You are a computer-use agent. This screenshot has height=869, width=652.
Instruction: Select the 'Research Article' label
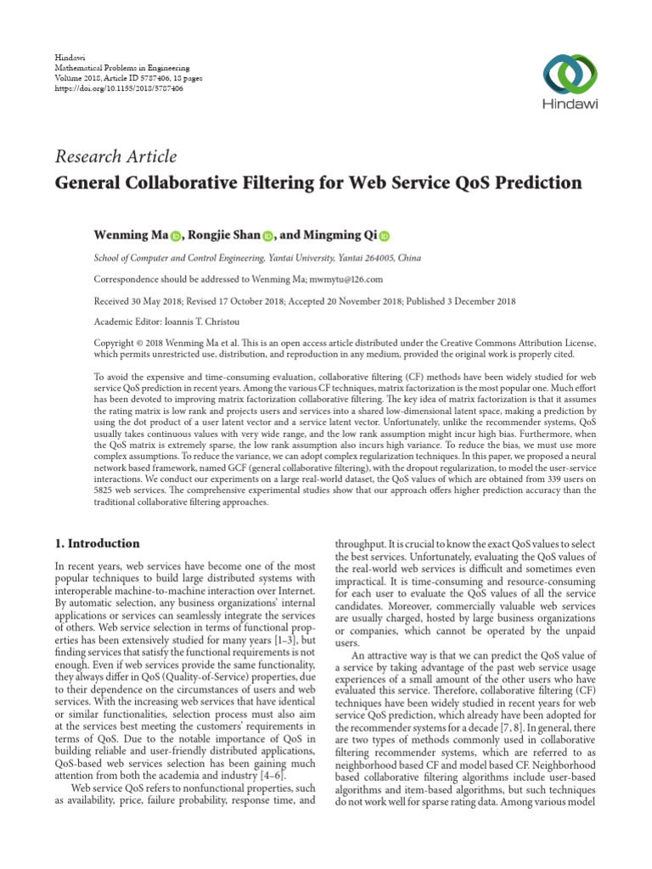click(x=115, y=156)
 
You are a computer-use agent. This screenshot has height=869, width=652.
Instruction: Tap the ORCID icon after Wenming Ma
click(x=176, y=236)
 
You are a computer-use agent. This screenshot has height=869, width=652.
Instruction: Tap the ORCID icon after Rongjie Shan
click(x=267, y=236)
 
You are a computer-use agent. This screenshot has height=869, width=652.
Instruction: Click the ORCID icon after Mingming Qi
click(x=384, y=236)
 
